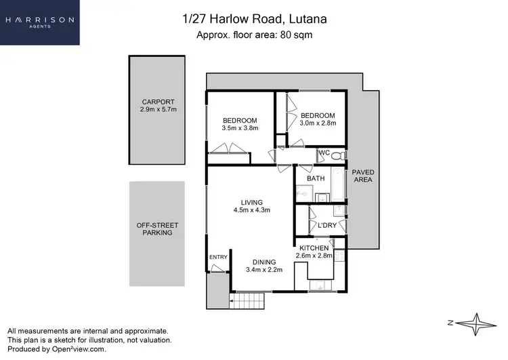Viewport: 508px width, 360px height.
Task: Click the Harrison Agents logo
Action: [40, 22]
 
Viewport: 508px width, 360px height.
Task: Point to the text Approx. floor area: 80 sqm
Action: [253, 35]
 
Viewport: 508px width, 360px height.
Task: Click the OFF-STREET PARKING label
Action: [157, 228]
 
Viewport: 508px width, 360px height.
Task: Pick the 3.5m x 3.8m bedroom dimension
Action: [240, 127]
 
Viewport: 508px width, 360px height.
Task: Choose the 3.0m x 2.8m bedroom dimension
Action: [318, 123]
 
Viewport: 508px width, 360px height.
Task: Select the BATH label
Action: [316, 178]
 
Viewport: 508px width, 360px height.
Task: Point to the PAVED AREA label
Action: [362, 176]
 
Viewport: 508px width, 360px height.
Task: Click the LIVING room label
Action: [251, 202]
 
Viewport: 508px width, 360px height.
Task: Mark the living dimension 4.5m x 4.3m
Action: [251, 210]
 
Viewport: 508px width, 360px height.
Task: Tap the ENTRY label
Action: [218, 257]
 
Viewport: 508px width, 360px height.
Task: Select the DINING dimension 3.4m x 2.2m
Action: [263, 270]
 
